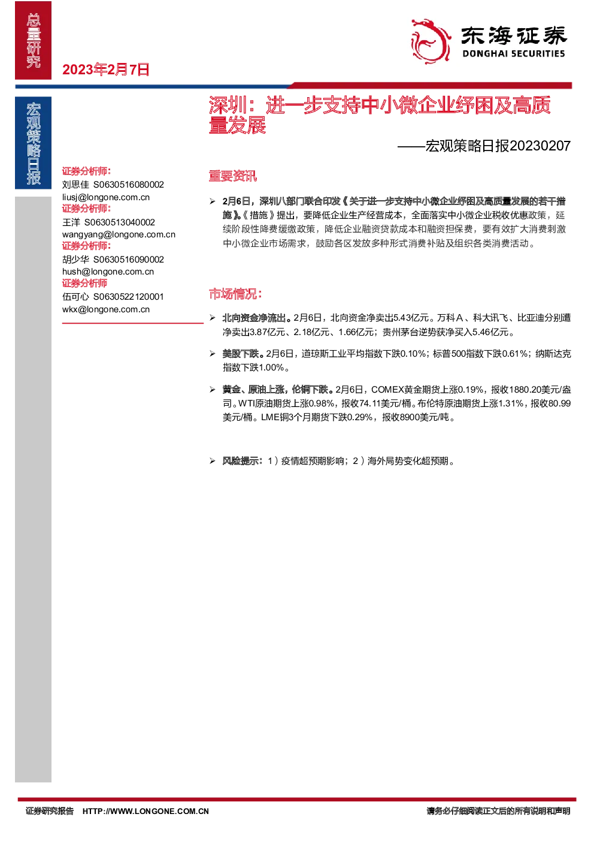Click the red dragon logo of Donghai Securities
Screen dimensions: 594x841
[431, 41]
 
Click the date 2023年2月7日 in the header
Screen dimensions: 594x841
[106, 70]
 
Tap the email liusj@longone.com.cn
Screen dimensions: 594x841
[106, 197]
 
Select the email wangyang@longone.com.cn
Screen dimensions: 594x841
[119, 234]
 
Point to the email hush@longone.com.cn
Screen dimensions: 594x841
[108, 272]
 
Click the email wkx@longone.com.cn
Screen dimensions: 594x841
[106, 309]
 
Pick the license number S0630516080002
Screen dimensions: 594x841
[128, 185]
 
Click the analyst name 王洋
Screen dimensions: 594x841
[71, 222]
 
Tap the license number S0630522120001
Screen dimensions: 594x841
[128, 297]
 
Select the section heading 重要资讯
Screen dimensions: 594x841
[232, 176]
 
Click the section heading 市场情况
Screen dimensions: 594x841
[235, 294]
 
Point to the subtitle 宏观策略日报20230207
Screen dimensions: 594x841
[498, 146]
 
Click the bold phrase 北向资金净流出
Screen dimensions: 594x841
[254, 318]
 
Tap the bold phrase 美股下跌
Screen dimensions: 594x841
[240, 354]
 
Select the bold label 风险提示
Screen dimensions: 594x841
[240, 461]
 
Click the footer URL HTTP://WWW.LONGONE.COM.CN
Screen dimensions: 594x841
[146, 812]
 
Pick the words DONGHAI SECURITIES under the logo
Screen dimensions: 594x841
[513, 54]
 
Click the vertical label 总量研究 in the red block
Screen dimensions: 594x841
[34, 41]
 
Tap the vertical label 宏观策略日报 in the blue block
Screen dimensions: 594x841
[34, 143]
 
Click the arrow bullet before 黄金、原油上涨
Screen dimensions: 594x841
[213, 390]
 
